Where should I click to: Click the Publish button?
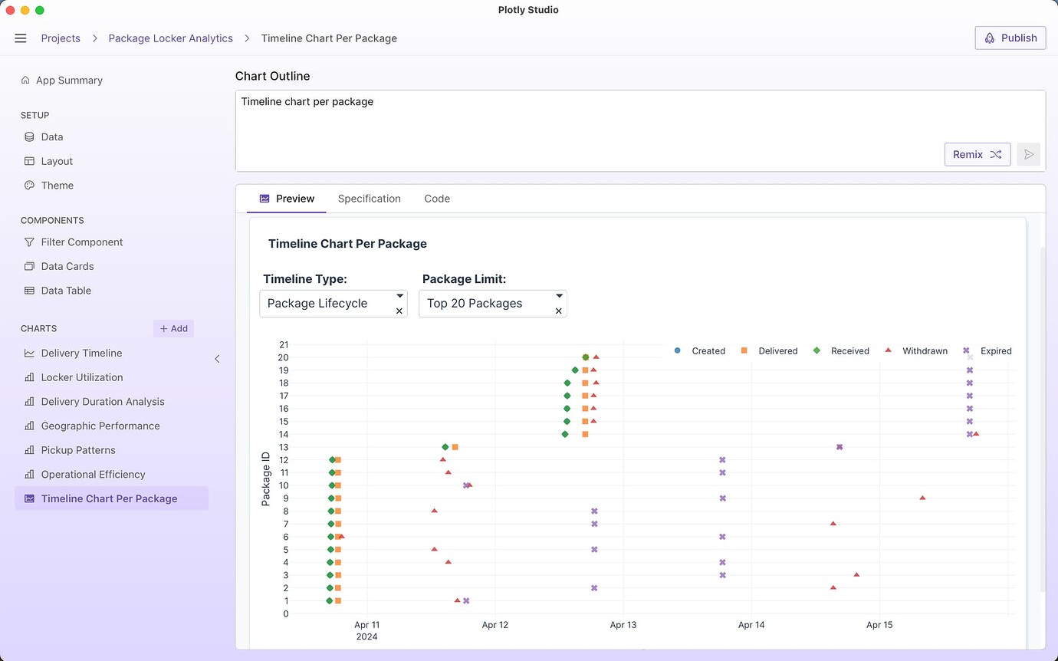pos(1010,38)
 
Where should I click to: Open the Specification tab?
pos(369,199)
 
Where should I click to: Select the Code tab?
pos(437,199)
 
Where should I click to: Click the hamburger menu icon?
pos(21,38)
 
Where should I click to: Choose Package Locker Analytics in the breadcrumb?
pos(170,38)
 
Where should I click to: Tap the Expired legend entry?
pos(988,350)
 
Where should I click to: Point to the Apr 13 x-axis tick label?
pos(623,625)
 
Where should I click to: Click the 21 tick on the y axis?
pos(284,345)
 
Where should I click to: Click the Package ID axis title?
pos(266,479)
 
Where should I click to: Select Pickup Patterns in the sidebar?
pos(78,450)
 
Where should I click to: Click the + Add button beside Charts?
pos(173,328)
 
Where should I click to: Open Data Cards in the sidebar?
pos(67,266)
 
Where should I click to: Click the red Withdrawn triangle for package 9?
pos(922,498)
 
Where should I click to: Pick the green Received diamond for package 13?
pos(445,447)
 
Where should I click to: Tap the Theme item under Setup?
pos(58,186)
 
